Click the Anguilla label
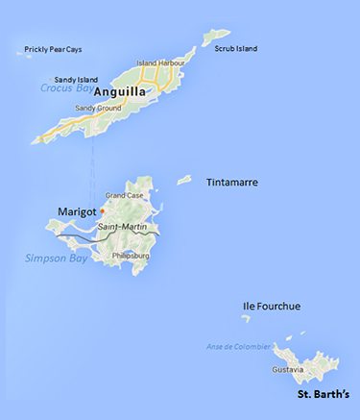120,92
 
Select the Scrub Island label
236,47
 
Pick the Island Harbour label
158,63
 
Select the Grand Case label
123,196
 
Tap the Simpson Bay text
51,259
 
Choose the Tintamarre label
232,182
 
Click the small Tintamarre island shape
185,179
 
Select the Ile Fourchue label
271,307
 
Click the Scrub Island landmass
210,37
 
